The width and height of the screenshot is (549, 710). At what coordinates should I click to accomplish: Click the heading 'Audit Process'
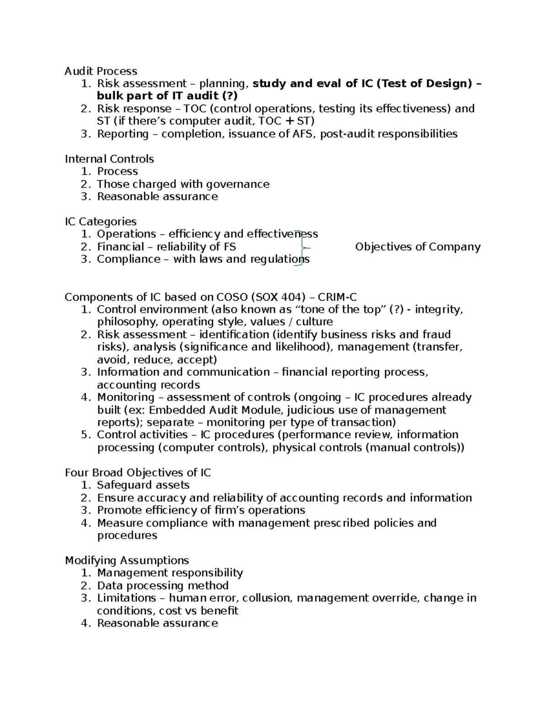(x=101, y=71)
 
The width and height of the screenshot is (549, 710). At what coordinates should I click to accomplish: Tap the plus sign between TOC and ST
(x=289, y=121)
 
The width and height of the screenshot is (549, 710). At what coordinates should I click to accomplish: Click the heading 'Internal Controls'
(x=109, y=159)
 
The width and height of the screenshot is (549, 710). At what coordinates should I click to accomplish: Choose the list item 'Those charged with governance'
(x=183, y=184)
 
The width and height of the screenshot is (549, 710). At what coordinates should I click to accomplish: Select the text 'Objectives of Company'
(x=418, y=247)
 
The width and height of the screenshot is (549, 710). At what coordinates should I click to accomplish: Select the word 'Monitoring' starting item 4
(x=126, y=397)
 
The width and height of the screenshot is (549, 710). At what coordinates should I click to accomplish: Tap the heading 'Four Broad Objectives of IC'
(x=138, y=473)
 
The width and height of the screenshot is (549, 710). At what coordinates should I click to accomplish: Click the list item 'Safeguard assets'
(x=143, y=485)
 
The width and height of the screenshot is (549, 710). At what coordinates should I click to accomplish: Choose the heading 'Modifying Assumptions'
(x=127, y=561)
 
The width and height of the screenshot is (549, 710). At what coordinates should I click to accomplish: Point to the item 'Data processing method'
(x=162, y=586)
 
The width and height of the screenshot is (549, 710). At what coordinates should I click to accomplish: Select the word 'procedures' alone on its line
(x=127, y=535)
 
